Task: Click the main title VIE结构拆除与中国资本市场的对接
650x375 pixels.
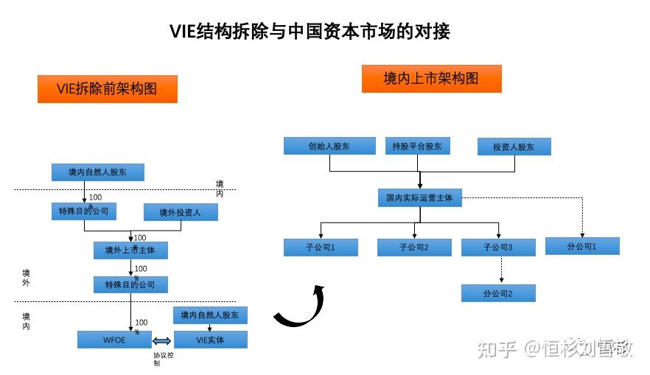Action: click(x=310, y=31)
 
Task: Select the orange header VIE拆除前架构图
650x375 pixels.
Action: click(x=107, y=89)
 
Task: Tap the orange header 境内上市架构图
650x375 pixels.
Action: click(x=431, y=78)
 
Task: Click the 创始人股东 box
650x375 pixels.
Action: click(x=329, y=146)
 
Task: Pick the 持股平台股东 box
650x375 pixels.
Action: click(x=417, y=146)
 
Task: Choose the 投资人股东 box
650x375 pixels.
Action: click(x=514, y=147)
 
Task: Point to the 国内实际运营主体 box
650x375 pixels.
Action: click(x=419, y=197)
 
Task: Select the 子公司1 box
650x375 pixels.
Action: click(x=321, y=247)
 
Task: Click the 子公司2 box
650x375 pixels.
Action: click(x=414, y=247)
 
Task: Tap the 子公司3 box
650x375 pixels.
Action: click(x=498, y=247)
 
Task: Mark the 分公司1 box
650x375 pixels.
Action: click(x=582, y=246)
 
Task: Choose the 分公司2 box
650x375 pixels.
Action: click(x=498, y=293)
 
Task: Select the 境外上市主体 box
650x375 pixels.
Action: click(x=130, y=250)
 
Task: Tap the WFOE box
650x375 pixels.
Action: click(x=114, y=340)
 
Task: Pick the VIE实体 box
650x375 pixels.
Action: click(x=210, y=340)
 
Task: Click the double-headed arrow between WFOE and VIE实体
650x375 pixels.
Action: click(x=162, y=340)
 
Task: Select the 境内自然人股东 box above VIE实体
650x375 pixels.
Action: click(x=210, y=315)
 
